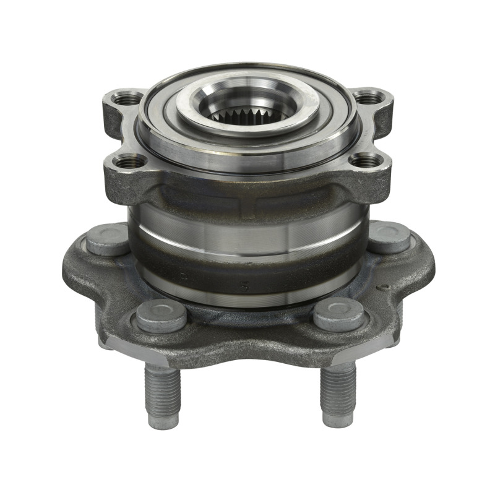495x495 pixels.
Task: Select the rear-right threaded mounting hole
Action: [369, 97]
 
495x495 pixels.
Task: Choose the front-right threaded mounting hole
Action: [366, 161]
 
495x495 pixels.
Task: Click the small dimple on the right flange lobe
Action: [385, 286]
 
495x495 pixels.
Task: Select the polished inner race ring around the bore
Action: [247, 127]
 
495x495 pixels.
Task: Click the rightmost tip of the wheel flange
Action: [433, 266]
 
